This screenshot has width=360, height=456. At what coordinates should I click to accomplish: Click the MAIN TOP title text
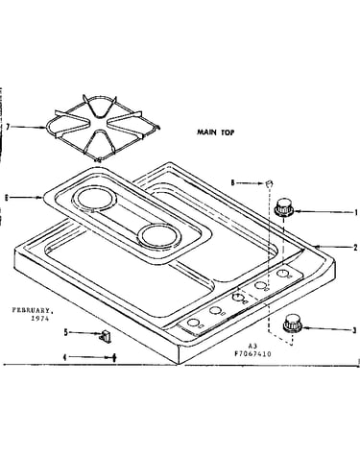click(215, 132)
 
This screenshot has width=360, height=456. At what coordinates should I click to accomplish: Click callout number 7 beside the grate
click(8, 127)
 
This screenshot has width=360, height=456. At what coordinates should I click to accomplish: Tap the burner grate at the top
click(102, 128)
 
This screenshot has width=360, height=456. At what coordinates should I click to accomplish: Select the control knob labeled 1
click(284, 207)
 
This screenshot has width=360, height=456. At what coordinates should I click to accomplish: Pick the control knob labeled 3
click(293, 324)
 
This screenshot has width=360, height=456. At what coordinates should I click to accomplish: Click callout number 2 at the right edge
click(355, 248)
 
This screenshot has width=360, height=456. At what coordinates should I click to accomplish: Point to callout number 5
click(65, 332)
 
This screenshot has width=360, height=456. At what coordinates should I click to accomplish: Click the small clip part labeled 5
click(106, 337)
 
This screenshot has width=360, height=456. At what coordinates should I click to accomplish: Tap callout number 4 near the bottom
click(65, 357)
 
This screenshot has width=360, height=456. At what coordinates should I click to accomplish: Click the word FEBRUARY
click(33, 310)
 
